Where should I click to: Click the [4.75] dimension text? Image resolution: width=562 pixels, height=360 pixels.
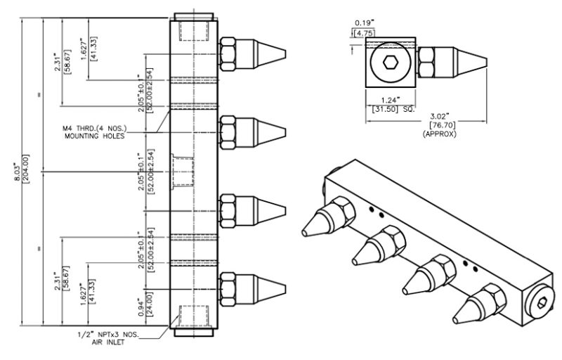(364, 32)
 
